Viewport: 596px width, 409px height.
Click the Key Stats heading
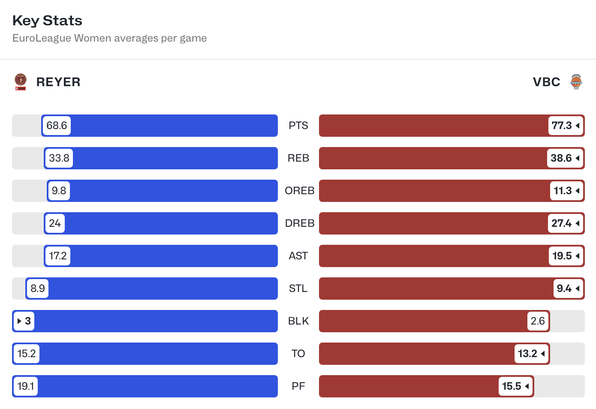pyautogui.click(x=47, y=21)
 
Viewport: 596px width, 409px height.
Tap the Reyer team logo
pyautogui.click(x=21, y=82)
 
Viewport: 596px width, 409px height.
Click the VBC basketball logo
pyautogui.click(x=576, y=82)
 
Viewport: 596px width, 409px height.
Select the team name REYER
pyautogui.click(x=58, y=82)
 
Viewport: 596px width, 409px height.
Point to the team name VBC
pyautogui.click(x=546, y=82)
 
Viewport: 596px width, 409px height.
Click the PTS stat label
pyautogui.click(x=298, y=126)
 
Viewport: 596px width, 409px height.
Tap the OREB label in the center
pyautogui.click(x=299, y=191)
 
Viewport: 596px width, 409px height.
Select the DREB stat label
pyautogui.click(x=299, y=223)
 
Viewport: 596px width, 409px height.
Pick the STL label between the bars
pyautogui.click(x=298, y=289)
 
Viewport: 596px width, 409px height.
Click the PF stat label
pyautogui.click(x=298, y=386)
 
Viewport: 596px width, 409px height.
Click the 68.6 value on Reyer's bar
pyautogui.click(x=57, y=126)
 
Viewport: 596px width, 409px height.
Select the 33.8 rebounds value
pyautogui.click(x=59, y=158)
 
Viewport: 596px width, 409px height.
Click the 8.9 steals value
pyautogui.click(x=38, y=289)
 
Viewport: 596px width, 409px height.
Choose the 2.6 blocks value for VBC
pyautogui.click(x=538, y=321)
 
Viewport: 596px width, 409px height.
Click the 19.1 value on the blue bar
pyautogui.click(x=26, y=386)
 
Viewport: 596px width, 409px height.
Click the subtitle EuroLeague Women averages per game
pyautogui.click(x=109, y=38)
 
